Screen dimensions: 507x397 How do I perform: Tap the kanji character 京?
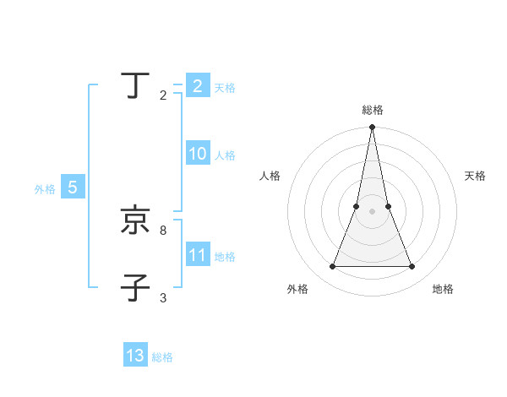pyautogui.click(x=135, y=221)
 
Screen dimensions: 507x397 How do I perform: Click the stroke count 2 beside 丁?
pyautogui.click(x=163, y=95)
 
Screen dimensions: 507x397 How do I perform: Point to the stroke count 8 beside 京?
pyautogui.click(x=163, y=230)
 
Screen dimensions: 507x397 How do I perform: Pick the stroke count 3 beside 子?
pyautogui.click(x=163, y=298)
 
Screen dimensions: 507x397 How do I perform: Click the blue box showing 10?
pyautogui.click(x=198, y=155)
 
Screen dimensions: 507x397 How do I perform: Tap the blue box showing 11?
pyautogui.click(x=198, y=255)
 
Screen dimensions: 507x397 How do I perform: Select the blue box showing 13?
pyautogui.click(x=135, y=356)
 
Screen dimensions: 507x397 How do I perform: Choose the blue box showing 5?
pyautogui.click(x=73, y=188)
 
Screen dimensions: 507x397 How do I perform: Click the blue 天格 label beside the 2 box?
pyautogui.click(x=225, y=88)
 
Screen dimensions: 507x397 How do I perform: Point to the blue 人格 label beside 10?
pyautogui.click(x=225, y=155)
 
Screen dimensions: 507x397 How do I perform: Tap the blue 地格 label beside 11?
pyautogui.click(x=225, y=257)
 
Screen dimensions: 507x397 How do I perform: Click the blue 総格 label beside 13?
pyautogui.click(x=162, y=357)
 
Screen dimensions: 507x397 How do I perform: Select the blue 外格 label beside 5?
pyautogui.click(x=45, y=190)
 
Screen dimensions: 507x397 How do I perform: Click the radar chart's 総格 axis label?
pyautogui.click(x=373, y=110)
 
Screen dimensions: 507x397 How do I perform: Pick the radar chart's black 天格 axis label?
pyautogui.click(x=476, y=176)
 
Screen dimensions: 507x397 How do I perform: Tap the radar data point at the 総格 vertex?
pyautogui.click(x=372, y=128)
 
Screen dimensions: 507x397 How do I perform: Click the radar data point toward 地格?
pyautogui.click(x=412, y=267)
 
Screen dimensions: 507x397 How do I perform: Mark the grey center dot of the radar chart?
pyautogui.click(x=372, y=211)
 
